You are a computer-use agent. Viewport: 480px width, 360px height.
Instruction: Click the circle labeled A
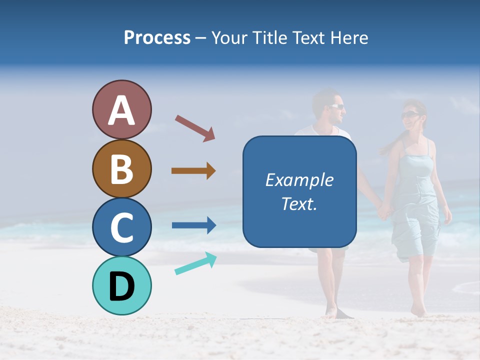121,110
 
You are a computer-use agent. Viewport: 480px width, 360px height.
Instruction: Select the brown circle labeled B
121,168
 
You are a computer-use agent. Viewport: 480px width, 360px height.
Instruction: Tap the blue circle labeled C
121,227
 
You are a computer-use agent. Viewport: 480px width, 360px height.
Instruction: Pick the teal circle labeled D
121,285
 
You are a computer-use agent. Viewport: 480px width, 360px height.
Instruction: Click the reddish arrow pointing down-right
194,128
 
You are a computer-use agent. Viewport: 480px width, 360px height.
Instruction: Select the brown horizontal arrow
193,171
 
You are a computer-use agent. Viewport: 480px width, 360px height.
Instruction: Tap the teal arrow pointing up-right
195,263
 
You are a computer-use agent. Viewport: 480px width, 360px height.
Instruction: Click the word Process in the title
157,38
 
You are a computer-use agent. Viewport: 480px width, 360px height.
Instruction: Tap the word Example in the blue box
299,180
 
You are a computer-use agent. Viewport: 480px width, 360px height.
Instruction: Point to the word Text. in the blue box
299,203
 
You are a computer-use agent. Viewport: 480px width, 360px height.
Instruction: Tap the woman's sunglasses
409,115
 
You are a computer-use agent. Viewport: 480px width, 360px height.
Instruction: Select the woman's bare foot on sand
418,311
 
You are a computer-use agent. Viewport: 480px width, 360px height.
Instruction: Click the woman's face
412,118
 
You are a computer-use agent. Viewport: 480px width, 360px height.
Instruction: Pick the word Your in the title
228,38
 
